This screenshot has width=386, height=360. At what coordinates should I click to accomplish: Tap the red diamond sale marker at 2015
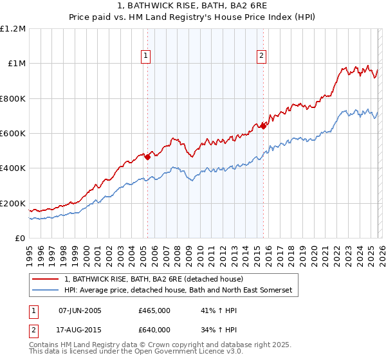click(263, 126)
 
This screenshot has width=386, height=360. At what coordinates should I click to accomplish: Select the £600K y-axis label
click(13, 134)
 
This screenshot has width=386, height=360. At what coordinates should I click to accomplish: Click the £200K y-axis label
click(13, 203)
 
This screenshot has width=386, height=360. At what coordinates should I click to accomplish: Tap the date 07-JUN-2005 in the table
click(80, 310)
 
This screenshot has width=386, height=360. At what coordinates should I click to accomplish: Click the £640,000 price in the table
click(154, 329)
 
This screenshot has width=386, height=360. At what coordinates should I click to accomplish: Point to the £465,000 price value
click(154, 310)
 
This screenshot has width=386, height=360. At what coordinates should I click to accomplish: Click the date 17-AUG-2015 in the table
click(80, 329)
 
